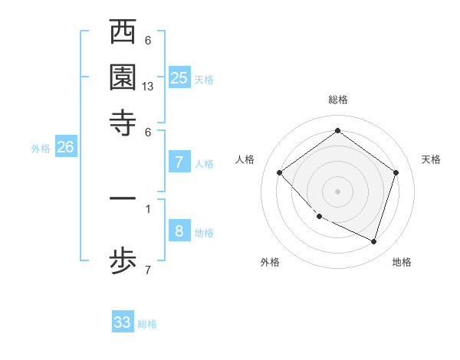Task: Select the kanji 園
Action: coord(123,77)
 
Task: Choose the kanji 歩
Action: coord(123,261)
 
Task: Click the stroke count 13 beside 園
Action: coord(148,87)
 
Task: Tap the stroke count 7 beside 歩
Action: coord(148,270)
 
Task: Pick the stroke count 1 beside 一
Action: coord(148,208)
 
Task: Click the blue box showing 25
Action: coord(179,77)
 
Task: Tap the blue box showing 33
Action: coord(123,322)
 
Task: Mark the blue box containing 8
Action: coord(179,231)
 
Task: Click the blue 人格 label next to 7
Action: coord(205,163)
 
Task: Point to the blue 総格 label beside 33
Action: coord(148,324)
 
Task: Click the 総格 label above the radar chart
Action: coord(338,100)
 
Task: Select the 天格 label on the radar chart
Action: coord(431,159)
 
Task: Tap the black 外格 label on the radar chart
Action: coord(270,263)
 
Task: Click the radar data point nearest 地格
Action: coord(373,241)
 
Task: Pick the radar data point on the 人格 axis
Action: coord(280,172)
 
